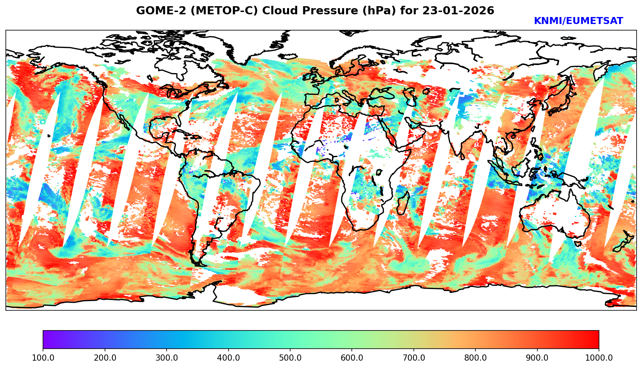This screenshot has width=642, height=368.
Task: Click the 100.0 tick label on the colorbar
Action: click(x=43, y=358)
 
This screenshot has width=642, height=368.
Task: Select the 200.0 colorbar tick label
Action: click(x=105, y=358)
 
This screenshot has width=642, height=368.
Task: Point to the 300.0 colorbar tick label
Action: click(x=167, y=358)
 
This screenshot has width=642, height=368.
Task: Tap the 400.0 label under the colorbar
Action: click(x=228, y=358)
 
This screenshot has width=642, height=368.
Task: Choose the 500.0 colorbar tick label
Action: click(x=290, y=358)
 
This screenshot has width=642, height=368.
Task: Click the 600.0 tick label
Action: click(x=352, y=358)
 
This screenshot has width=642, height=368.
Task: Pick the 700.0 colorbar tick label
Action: click(x=414, y=358)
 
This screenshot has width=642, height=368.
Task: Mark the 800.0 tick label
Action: click(x=475, y=358)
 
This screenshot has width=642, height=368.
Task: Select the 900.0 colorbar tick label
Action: click(x=537, y=358)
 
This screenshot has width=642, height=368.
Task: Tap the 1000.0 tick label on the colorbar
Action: click(x=598, y=358)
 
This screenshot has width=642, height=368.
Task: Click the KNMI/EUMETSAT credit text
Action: click(x=578, y=21)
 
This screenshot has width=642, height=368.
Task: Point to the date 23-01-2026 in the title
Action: click(x=458, y=11)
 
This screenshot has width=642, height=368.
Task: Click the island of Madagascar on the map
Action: click(x=403, y=204)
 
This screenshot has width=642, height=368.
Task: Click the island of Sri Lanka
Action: click(x=463, y=156)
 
